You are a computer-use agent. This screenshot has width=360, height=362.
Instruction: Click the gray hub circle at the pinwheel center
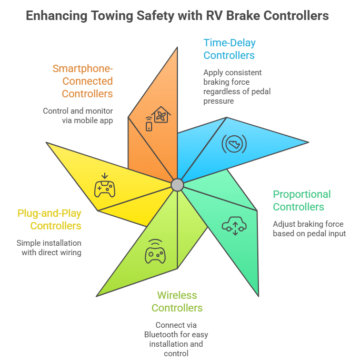tap(177, 185)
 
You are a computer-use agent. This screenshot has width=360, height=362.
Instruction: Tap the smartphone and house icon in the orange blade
tap(158, 119)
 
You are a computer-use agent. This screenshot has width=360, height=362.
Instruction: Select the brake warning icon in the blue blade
tap(234, 144)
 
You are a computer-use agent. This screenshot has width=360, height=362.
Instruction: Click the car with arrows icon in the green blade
tap(234, 226)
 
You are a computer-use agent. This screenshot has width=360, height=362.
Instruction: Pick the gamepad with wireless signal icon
tap(155, 251)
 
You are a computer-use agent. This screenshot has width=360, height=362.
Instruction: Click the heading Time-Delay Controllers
tap(229, 49)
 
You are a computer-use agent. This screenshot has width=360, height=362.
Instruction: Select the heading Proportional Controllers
tap(302, 200)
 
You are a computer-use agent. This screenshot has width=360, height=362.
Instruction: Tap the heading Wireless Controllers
tap(177, 301)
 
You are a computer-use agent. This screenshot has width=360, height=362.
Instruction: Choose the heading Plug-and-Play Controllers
tap(49, 219)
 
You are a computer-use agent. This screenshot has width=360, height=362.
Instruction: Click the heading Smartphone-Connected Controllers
tap(83, 81)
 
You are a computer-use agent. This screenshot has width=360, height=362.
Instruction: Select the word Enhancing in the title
tap(56, 16)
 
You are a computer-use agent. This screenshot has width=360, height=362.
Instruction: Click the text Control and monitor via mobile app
tap(78, 116)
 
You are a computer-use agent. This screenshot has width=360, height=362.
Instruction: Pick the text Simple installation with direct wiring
tap(49, 248)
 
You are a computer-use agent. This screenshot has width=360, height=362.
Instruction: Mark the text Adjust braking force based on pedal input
tap(309, 229)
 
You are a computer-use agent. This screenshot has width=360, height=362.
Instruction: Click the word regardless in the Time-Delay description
tap(221, 92)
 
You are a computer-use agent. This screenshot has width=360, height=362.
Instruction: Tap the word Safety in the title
tap(155, 16)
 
